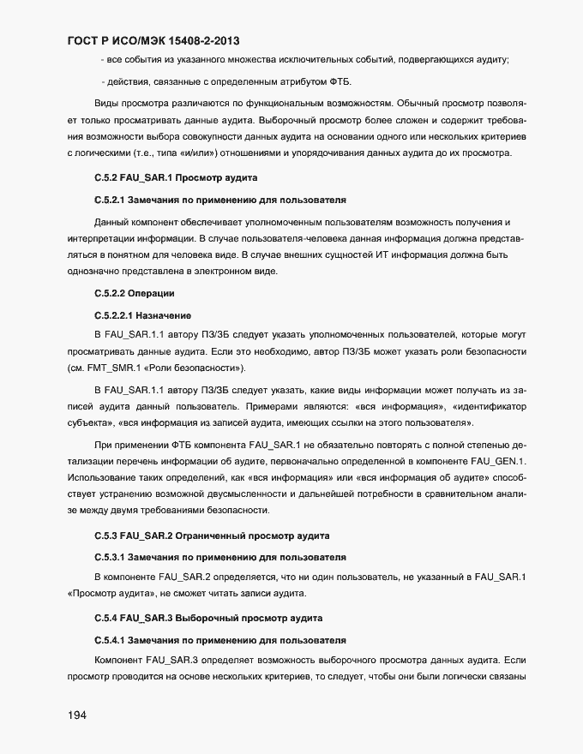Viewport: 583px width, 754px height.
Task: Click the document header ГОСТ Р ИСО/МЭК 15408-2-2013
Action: click(153, 40)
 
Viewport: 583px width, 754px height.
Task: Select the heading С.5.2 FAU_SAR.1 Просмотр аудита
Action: click(176, 177)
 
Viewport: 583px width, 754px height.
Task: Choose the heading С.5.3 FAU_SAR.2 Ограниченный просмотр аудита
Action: click(211, 536)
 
